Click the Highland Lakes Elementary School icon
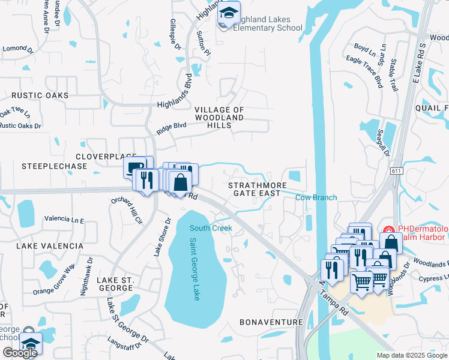click(x=228, y=14)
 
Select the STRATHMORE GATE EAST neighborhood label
click(x=255, y=190)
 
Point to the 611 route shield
click(x=396, y=171)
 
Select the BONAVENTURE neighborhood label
click(x=271, y=322)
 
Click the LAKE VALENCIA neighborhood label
click(x=50, y=246)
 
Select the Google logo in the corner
click(x=20, y=353)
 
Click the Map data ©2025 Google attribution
click(x=411, y=355)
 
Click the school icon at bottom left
click(x=31, y=343)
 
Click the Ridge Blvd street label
click(x=172, y=128)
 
